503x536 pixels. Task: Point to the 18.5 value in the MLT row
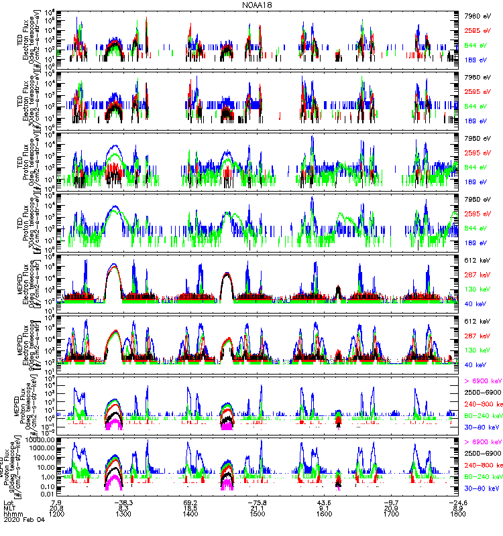click(190, 509)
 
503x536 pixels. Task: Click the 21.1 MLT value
click(258, 509)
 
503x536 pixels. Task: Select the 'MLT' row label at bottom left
click(9, 509)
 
